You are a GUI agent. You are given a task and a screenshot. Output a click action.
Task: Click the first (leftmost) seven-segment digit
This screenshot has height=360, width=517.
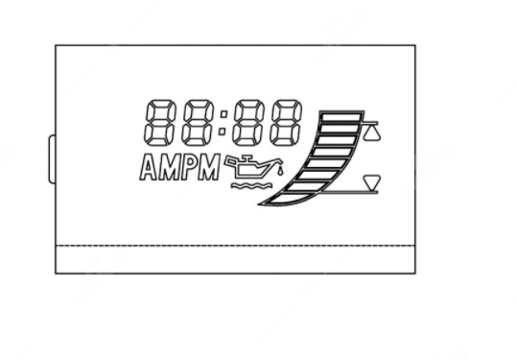tap(158, 123)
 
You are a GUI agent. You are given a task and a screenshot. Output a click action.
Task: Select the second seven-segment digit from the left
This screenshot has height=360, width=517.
tap(198, 123)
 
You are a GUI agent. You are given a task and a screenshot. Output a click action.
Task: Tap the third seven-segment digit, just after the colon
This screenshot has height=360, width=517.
tap(248, 123)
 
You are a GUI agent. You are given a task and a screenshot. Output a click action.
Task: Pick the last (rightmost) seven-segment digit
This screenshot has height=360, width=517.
tap(286, 123)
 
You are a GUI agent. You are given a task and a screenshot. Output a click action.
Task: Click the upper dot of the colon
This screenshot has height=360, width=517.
tap(223, 114)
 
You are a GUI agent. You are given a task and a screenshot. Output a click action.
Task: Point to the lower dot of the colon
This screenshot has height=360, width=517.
tap(223, 132)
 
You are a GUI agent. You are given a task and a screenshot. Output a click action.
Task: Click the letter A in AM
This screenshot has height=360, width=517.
tap(148, 168)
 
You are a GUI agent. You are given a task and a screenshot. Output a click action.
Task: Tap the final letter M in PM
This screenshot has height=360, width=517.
tap(209, 167)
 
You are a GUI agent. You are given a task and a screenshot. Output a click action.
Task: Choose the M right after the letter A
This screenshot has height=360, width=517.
tap(169, 168)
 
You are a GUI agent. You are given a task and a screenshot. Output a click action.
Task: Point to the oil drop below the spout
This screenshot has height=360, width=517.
tap(280, 172)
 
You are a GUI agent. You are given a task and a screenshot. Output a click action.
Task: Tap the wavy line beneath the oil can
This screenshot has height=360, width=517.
tap(252, 185)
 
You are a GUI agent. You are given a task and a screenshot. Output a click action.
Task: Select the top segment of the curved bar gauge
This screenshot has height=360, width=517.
tap(341, 117)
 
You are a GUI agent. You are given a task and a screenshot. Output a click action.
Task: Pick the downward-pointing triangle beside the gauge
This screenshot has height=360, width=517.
tap(372, 182)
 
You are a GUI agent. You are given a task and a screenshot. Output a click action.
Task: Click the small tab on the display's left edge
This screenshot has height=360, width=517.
tap(52, 159)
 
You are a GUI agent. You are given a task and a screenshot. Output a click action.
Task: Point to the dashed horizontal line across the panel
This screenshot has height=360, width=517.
tap(235, 246)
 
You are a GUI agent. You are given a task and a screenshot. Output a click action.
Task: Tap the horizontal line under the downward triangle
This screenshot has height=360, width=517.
tap(349, 192)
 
